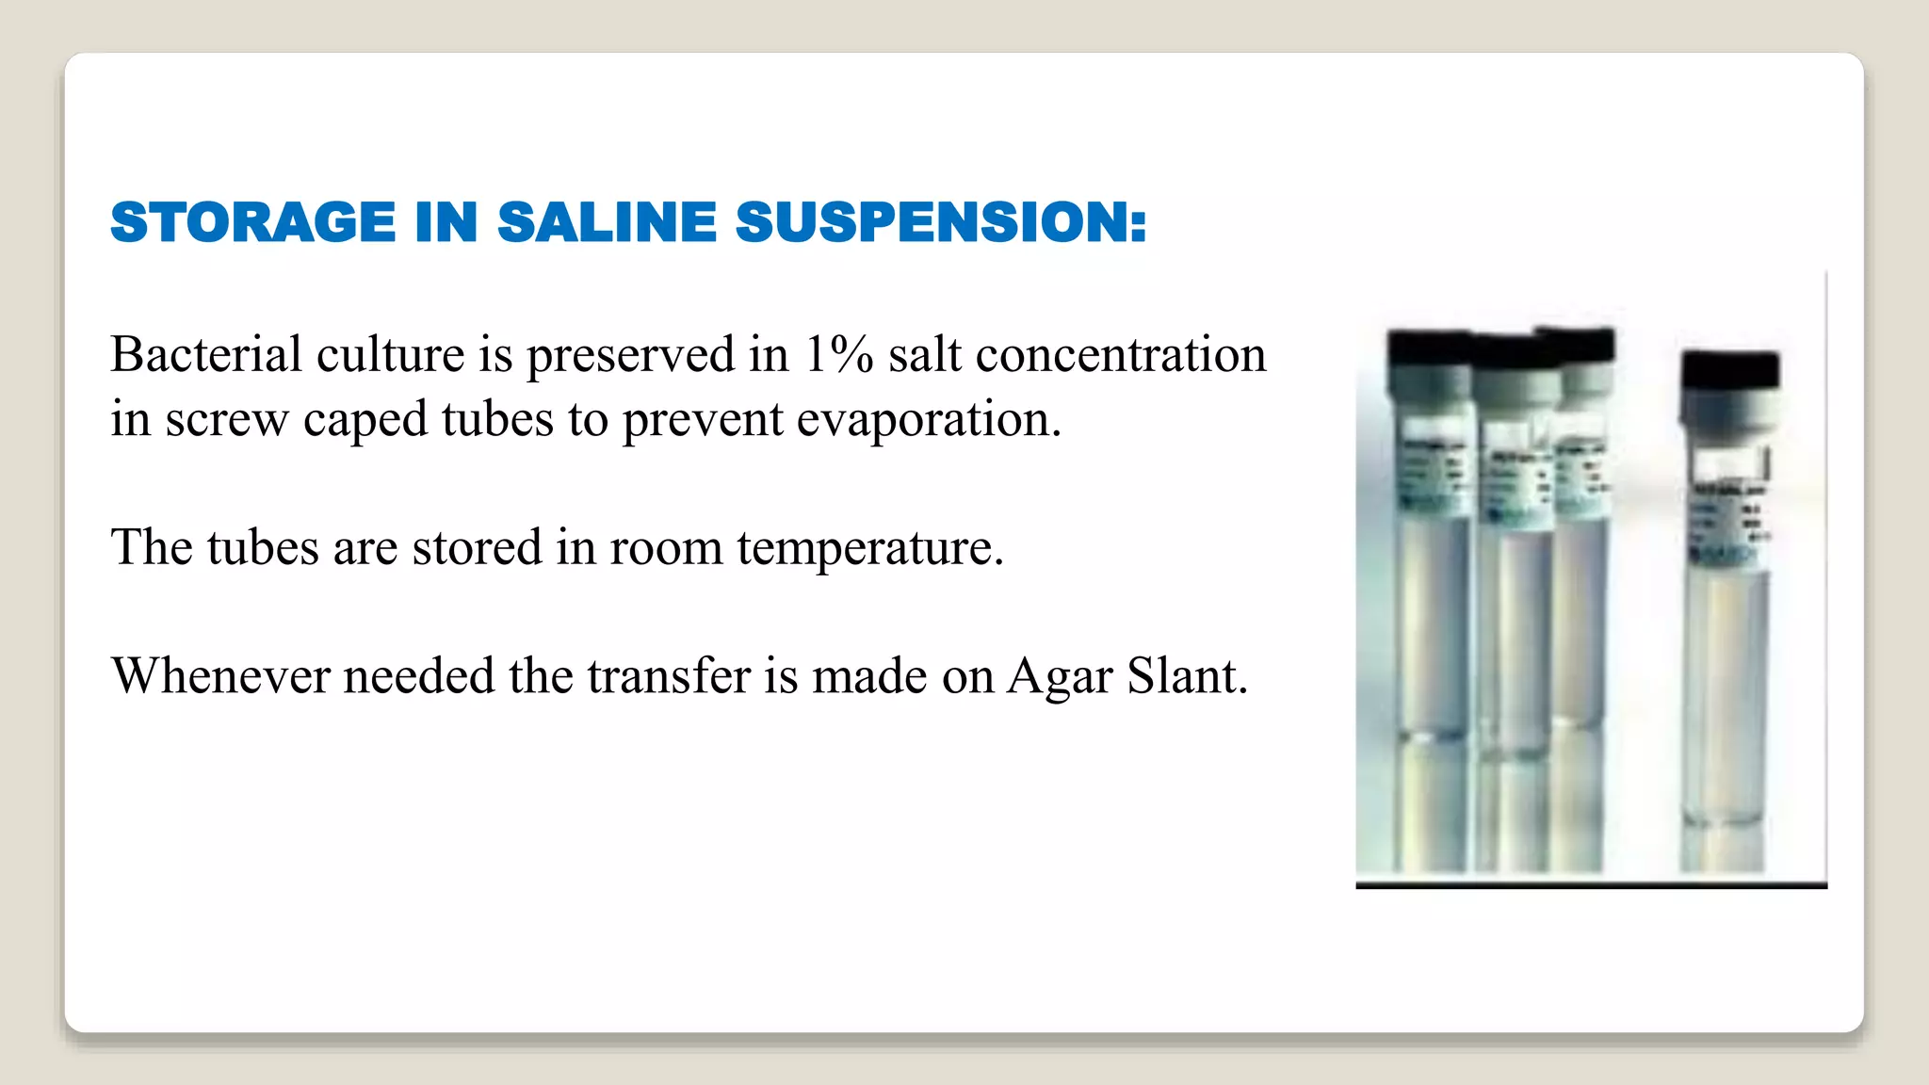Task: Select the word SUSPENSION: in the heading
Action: [941, 222]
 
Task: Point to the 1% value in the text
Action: [838, 355]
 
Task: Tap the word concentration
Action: [1121, 355]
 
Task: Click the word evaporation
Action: [929, 420]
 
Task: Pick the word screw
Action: [226, 420]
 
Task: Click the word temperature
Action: [869, 548]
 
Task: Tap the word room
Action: [665, 548]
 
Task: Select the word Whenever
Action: [220, 676]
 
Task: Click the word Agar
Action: [1059, 676]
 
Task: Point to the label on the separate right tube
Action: [1729, 509]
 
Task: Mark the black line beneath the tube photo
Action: [1591, 885]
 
